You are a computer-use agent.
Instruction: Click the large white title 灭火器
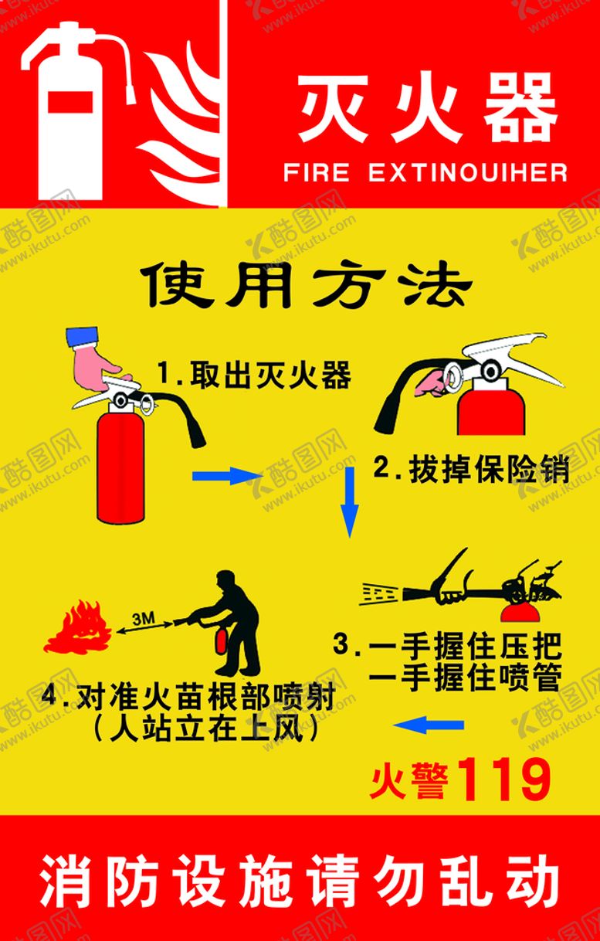[428, 107]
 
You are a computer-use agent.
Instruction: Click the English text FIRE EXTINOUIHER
[425, 172]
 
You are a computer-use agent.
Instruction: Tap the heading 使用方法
[306, 286]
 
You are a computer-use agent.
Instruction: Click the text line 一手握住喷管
[465, 676]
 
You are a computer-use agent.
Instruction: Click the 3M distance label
[144, 618]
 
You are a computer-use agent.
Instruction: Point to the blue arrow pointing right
[227, 476]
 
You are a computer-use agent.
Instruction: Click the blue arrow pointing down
[349, 502]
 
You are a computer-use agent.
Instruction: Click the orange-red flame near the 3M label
[78, 627]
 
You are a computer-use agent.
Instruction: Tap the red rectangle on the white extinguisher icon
[69, 102]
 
